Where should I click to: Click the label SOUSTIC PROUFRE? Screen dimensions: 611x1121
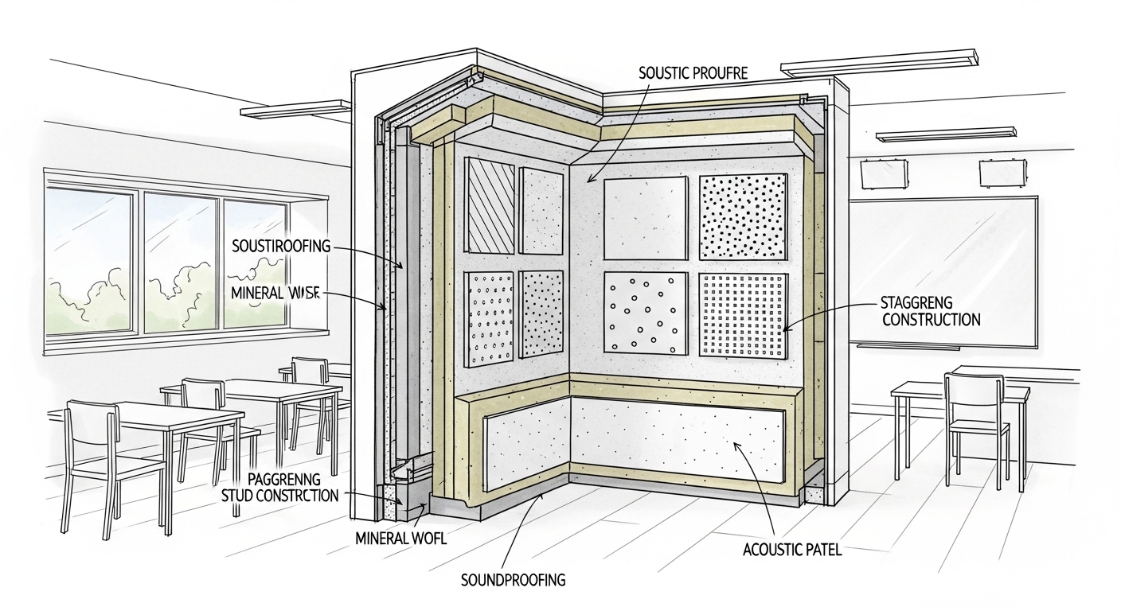692,72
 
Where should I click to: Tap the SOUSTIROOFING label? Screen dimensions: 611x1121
279,246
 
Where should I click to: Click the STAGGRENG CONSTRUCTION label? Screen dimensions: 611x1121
930,311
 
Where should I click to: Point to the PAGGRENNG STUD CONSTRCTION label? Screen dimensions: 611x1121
279,487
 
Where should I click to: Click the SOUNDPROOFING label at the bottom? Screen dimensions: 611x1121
514,580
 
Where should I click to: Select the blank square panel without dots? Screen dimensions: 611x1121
646,218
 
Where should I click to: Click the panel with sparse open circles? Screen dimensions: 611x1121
646,313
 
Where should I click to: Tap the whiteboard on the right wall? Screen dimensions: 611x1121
943,270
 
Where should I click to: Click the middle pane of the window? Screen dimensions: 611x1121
180,259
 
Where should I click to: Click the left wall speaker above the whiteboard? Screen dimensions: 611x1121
874,173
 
